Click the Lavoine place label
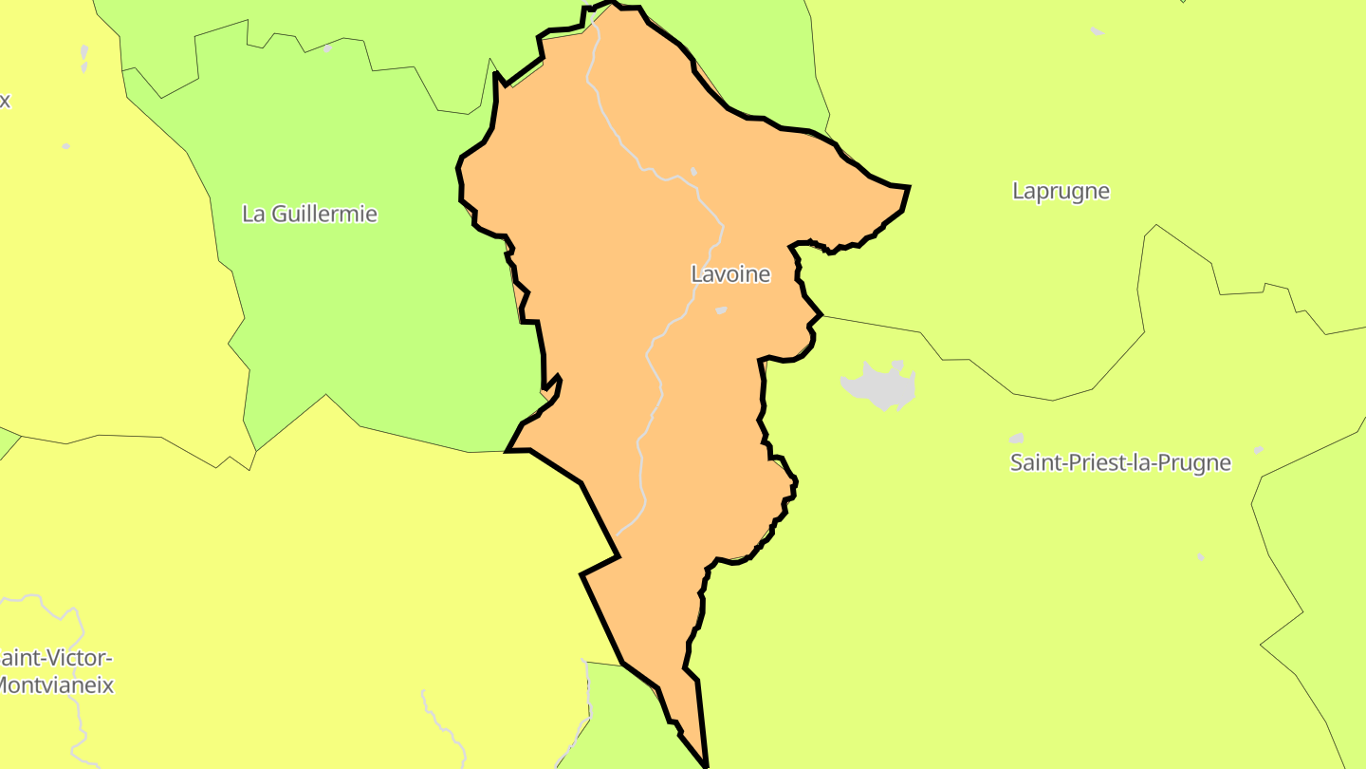tap(730, 275)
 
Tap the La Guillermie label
tap(309, 215)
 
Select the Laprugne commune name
tap(1061, 191)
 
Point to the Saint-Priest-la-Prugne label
tap(1120, 463)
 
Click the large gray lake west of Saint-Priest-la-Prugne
tap(880, 384)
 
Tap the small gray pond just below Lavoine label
tap(721, 310)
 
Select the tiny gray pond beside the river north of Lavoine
tap(693, 172)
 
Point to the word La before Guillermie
tap(253, 215)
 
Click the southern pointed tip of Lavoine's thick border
tap(707, 764)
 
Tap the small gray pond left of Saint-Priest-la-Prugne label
tap(1016, 439)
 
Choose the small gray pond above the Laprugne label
tap(1097, 31)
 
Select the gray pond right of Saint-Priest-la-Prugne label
tap(1258, 450)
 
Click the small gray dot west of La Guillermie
tap(66, 146)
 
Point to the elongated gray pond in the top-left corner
tap(84, 57)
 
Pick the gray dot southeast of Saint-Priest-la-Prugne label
tap(1201, 556)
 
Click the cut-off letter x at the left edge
tap(5, 101)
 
